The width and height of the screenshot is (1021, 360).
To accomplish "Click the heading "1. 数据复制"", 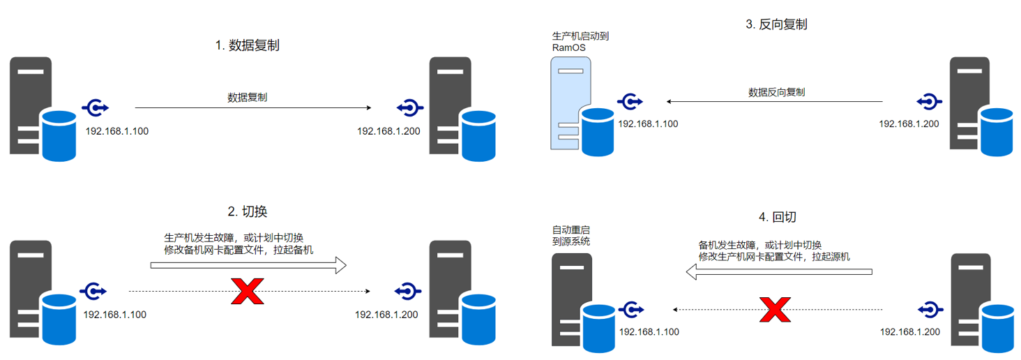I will coord(248,45).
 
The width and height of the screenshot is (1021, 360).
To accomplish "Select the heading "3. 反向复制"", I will coord(776,24).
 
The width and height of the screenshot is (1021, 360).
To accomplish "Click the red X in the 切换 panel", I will coord(247,290).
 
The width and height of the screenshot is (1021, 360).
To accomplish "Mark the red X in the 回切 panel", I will coord(774,308).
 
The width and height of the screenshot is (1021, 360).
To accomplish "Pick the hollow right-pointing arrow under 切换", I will coord(248,265).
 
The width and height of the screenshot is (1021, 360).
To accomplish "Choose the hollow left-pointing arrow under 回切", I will coord(779,273).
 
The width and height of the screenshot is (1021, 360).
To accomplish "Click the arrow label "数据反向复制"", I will coord(776,92).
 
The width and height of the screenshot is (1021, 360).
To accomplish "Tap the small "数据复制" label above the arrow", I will coord(248,98).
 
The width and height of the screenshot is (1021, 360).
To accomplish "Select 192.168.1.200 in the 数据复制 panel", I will coord(388,131).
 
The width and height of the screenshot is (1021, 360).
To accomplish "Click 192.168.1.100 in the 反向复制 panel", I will coord(648,124).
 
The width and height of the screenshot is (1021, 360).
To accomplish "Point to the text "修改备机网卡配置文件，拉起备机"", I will coord(239,249).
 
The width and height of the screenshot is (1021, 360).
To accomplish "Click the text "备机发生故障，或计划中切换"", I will coord(759,246).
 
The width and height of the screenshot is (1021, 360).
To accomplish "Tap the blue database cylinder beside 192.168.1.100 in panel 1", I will coord(59,135).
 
